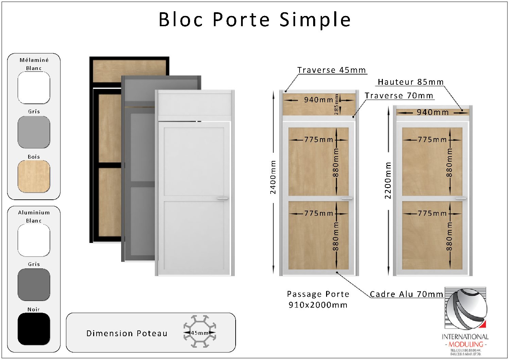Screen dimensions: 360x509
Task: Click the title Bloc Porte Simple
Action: [x=254, y=19]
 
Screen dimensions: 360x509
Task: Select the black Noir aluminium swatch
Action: [x=34, y=329]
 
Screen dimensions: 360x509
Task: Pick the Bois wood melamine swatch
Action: [x=34, y=176]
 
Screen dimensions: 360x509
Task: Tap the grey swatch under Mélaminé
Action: [x=34, y=132]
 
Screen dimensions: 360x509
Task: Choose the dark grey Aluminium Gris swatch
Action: [x=34, y=284]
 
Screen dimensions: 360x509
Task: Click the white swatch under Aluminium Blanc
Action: [x=34, y=240]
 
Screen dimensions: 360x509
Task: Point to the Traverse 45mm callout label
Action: [x=332, y=70]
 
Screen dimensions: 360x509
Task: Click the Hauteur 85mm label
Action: [x=410, y=82]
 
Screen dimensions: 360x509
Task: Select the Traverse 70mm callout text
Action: [x=399, y=96]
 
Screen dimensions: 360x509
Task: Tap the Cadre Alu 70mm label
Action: [x=406, y=294]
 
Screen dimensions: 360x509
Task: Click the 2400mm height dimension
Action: [x=273, y=177]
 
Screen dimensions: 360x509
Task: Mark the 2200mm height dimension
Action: [x=388, y=180]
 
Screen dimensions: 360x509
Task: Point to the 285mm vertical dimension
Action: [x=336, y=104]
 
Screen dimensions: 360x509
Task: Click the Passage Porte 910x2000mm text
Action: [x=318, y=299]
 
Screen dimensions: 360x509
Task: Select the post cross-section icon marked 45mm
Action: [x=200, y=331]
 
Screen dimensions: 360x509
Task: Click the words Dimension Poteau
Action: [x=127, y=333]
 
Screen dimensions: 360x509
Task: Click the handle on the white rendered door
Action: [x=222, y=198]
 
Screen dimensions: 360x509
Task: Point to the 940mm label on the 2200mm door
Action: [x=432, y=112]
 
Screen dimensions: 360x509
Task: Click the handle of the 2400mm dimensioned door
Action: [x=347, y=198]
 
